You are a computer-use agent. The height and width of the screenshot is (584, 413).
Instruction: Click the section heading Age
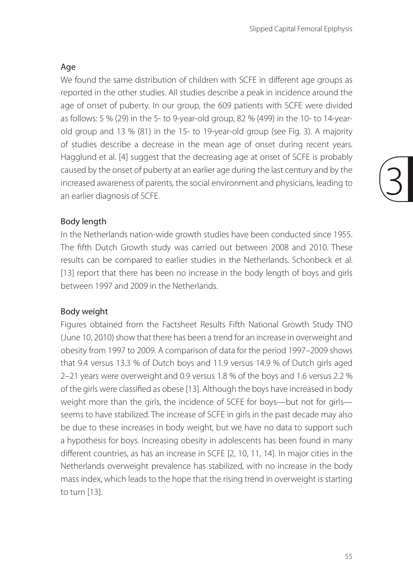[68, 67]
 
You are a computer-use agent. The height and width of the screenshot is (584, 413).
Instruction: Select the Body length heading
[83, 221]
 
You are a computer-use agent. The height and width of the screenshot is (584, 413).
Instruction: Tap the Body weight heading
[84, 311]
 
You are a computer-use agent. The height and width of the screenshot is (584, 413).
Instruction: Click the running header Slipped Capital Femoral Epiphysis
[301, 29]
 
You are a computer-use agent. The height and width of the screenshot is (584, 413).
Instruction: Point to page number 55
[349, 556]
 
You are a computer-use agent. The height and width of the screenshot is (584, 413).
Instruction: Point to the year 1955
[342, 235]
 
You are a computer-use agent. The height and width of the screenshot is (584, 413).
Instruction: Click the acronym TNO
[344, 325]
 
